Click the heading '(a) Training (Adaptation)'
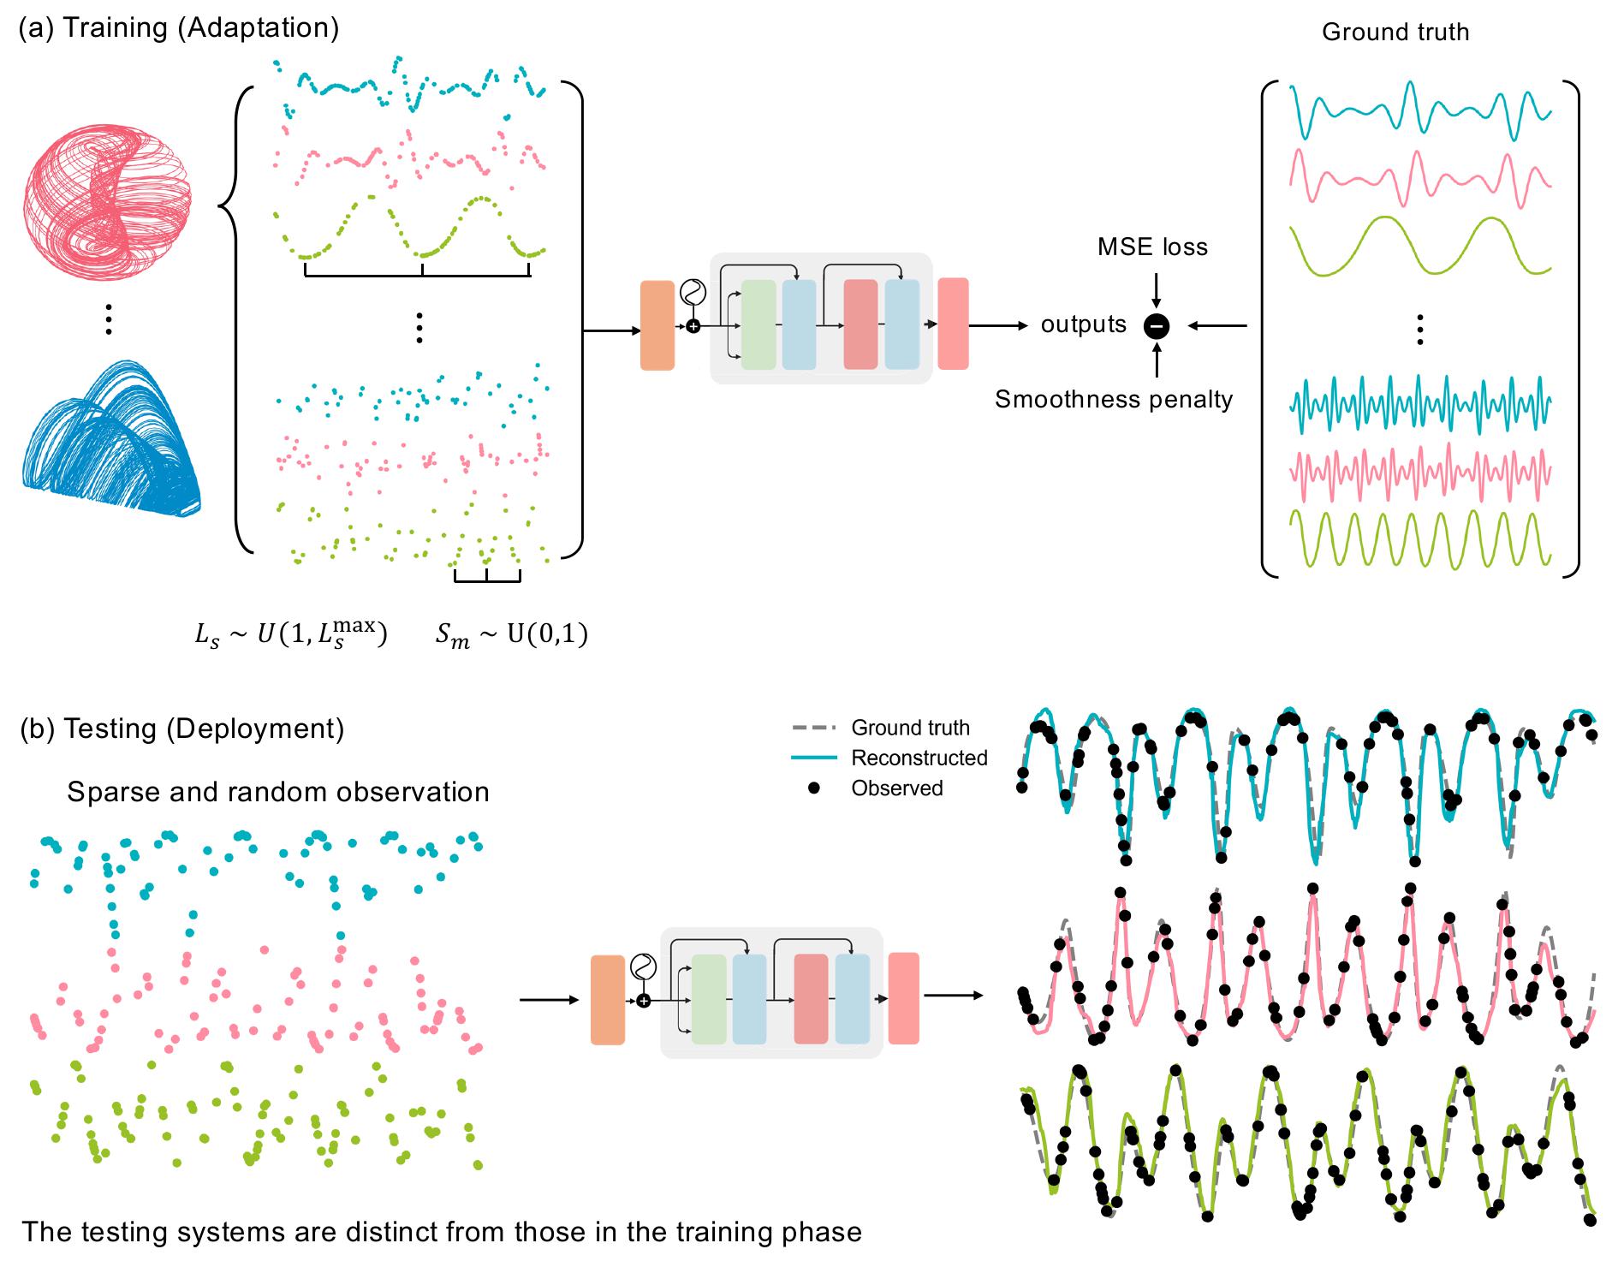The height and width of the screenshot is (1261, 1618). (x=179, y=27)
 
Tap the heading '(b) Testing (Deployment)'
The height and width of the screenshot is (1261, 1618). (x=182, y=729)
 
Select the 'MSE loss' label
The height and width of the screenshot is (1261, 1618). (x=1152, y=247)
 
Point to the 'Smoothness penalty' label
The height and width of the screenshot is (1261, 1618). (x=1113, y=400)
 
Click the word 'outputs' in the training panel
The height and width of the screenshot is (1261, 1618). (x=1083, y=325)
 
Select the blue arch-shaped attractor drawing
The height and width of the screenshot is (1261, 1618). (x=110, y=445)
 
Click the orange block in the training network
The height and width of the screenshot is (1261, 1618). (x=657, y=325)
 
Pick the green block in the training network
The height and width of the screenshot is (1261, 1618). (x=758, y=324)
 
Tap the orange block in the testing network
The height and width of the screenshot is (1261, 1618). (x=608, y=1000)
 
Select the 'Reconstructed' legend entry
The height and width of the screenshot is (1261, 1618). (x=919, y=758)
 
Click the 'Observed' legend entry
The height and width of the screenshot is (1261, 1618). (x=896, y=788)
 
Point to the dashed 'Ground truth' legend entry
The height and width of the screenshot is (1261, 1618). (x=909, y=728)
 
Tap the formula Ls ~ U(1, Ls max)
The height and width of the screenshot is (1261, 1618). (x=291, y=635)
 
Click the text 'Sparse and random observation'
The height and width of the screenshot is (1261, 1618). (x=278, y=792)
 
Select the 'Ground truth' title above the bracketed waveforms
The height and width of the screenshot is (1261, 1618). (x=1395, y=33)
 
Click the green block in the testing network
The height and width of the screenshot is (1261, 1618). (x=708, y=999)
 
